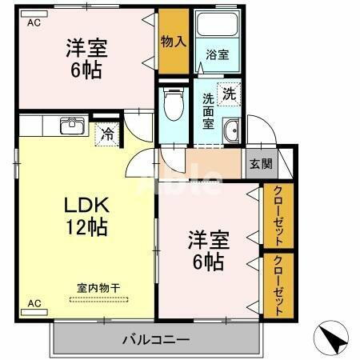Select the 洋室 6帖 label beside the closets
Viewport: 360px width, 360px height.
(x=206, y=249)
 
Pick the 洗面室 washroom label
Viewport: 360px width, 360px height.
(x=209, y=112)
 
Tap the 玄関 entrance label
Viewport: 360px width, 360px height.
(x=260, y=164)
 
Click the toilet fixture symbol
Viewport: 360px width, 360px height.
(x=173, y=104)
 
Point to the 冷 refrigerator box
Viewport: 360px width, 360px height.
(x=106, y=134)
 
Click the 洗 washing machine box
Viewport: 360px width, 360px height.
(x=229, y=92)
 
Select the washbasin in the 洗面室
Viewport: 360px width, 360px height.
(x=232, y=133)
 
